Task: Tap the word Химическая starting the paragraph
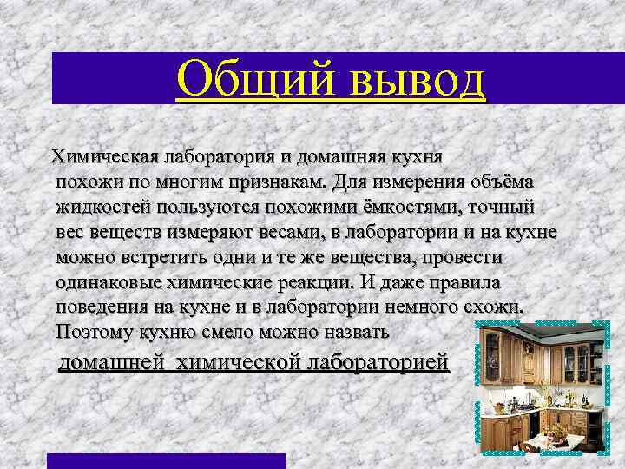pyautogui.click(x=104, y=158)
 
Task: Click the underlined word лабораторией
pyautogui.click(x=378, y=362)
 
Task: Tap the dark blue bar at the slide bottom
pyautogui.click(x=166, y=461)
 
